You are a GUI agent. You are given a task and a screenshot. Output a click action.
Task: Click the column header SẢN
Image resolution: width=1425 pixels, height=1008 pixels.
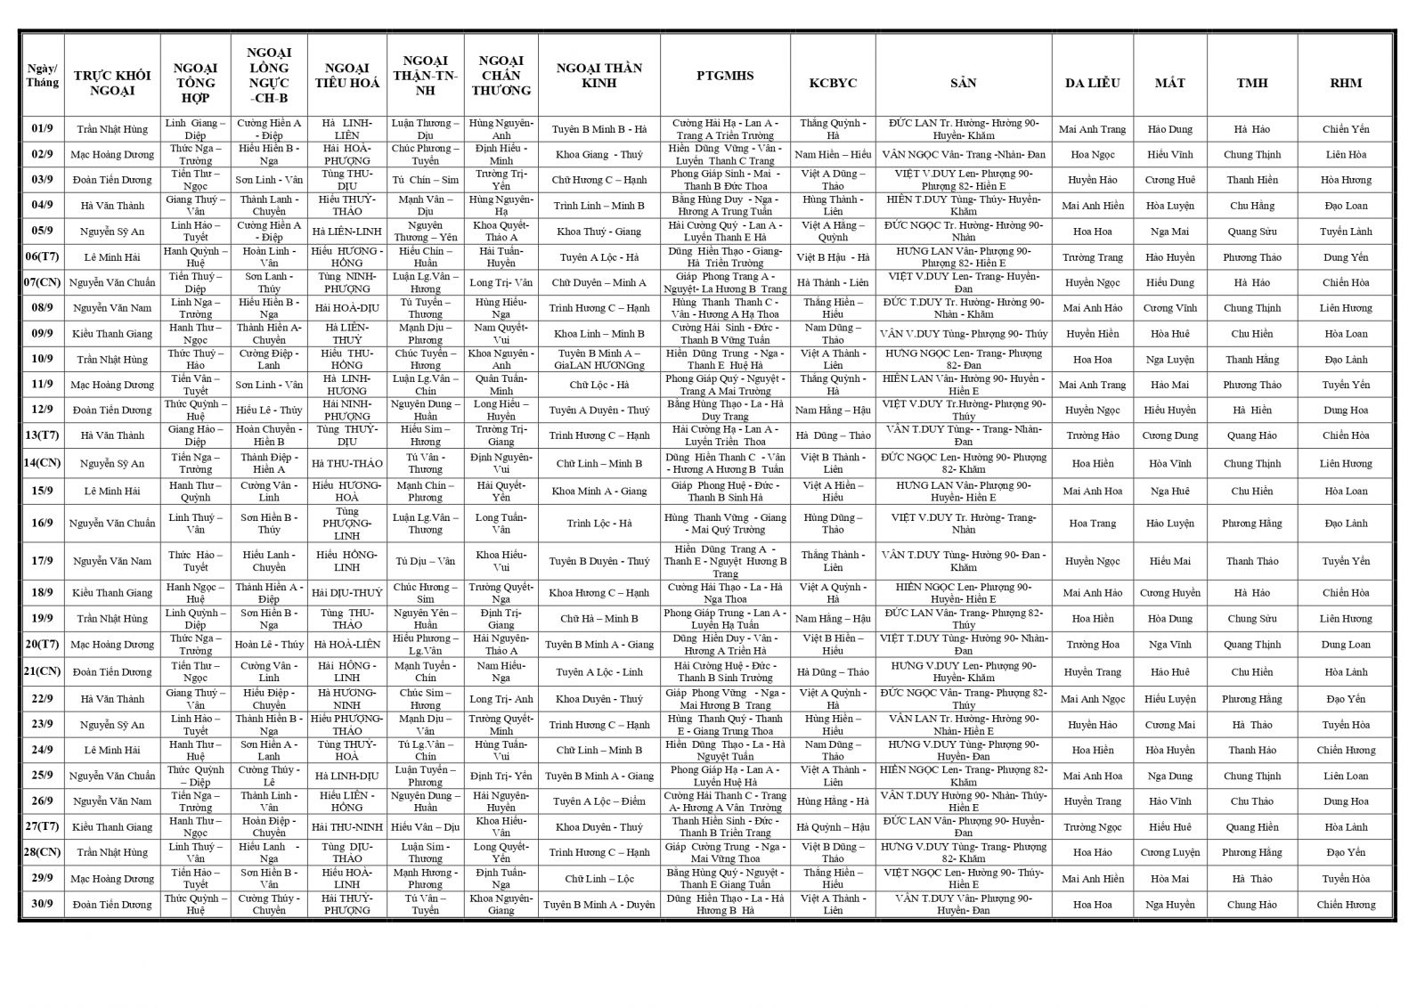(x=963, y=83)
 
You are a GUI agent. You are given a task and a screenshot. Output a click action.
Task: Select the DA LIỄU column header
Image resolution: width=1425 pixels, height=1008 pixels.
(x=1092, y=83)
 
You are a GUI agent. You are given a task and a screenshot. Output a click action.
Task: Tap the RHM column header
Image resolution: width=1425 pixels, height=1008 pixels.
(x=1345, y=83)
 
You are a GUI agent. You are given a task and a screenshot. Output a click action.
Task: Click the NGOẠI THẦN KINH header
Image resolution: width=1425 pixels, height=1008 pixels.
(x=598, y=76)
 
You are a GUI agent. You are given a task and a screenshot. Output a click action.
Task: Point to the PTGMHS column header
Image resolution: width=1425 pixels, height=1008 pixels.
(x=725, y=76)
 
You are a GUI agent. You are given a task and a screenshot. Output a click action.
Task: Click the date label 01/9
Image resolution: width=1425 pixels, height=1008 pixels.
(x=42, y=129)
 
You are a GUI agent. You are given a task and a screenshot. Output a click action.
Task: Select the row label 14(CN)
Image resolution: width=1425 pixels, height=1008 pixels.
(x=42, y=463)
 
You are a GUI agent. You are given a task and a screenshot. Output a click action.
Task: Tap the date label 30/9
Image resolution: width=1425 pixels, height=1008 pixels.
(x=42, y=905)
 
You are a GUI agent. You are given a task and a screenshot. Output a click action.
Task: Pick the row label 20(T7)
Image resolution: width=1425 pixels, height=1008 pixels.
(x=42, y=645)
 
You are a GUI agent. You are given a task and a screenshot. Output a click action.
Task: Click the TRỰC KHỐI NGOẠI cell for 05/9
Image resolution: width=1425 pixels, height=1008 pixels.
(x=112, y=232)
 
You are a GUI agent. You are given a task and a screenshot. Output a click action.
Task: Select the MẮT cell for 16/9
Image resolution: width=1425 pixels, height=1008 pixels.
(x=1169, y=524)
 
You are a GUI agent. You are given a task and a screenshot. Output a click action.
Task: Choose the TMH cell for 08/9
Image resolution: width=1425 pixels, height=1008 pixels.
(x=1251, y=308)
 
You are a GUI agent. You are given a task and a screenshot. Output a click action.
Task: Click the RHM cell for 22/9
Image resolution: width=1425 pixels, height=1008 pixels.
(x=1345, y=699)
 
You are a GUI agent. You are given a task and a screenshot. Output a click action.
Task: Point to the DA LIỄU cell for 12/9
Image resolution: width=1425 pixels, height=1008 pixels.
(x=1092, y=411)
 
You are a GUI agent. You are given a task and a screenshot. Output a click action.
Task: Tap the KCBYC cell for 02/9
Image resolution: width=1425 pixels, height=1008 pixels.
(x=832, y=155)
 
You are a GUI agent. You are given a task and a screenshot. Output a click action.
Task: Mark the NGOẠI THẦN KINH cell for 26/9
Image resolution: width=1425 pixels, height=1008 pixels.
(x=598, y=801)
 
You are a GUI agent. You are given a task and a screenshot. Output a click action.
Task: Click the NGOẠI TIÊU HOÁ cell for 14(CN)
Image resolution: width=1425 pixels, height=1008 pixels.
(x=347, y=463)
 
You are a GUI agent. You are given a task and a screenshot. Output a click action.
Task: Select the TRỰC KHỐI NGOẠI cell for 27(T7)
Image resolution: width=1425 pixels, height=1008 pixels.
(x=112, y=827)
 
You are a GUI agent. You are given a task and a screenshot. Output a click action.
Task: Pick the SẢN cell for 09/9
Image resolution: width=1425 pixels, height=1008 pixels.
(x=963, y=334)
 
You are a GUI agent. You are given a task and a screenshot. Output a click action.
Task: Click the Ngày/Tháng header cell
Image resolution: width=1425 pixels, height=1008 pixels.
(x=42, y=76)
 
